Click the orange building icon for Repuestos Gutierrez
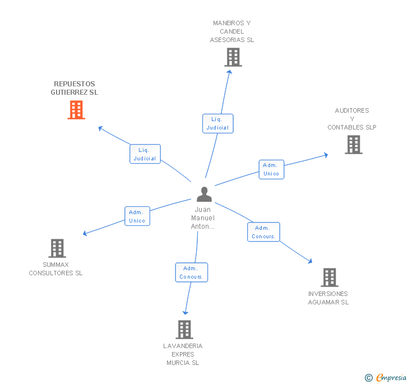click(x=76, y=110)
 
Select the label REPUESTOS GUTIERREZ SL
click(x=75, y=88)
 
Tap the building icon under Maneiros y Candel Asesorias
click(x=233, y=57)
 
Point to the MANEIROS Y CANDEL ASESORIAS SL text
click(x=232, y=31)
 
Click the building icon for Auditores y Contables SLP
click(x=353, y=145)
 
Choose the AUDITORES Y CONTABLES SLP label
click(x=352, y=119)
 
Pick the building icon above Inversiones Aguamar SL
click(x=329, y=277)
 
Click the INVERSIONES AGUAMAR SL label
click(x=328, y=298)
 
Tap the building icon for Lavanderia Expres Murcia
click(x=184, y=330)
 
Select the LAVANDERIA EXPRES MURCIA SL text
click(x=183, y=354)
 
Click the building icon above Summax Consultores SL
click(x=57, y=248)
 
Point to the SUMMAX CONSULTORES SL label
click(x=55, y=269)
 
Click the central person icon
click(x=204, y=194)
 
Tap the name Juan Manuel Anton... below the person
click(x=203, y=218)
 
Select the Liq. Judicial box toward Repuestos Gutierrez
click(x=146, y=154)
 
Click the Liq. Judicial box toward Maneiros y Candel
click(x=217, y=123)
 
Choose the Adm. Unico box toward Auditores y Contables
click(x=271, y=169)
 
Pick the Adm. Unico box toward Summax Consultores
click(x=137, y=216)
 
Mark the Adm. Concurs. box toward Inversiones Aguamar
click(x=263, y=232)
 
